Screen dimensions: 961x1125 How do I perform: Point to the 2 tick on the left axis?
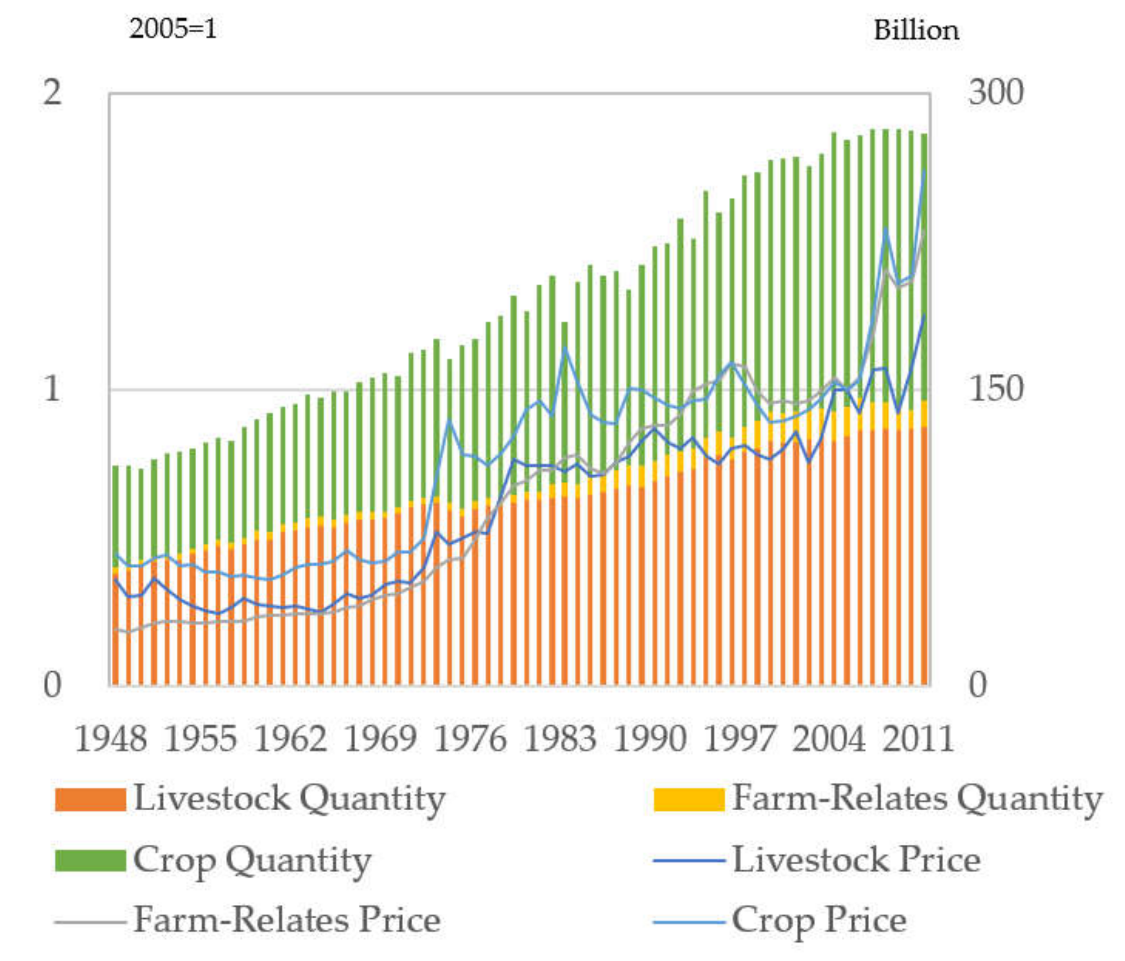[x=52, y=93]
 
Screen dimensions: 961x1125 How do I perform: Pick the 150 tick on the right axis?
[x=995, y=389]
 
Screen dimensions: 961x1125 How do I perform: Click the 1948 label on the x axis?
[x=111, y=740]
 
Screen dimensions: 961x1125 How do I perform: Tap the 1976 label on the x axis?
[x=470, y=740]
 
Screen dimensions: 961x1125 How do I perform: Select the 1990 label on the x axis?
[x=650, y=740]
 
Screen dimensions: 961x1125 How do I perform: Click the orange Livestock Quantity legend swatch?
[x=90, y=800]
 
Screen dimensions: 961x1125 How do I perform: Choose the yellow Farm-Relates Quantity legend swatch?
[x=689, y=800]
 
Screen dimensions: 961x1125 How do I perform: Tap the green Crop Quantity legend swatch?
[x=90, y=861]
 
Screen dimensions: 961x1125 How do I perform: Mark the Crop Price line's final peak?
[x=925, y=170]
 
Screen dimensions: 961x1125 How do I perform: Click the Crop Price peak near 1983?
[x=565, y=347]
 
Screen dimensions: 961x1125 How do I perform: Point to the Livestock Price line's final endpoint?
[x=925, y=314]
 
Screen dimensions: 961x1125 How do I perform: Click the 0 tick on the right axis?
[x=977, y=685]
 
